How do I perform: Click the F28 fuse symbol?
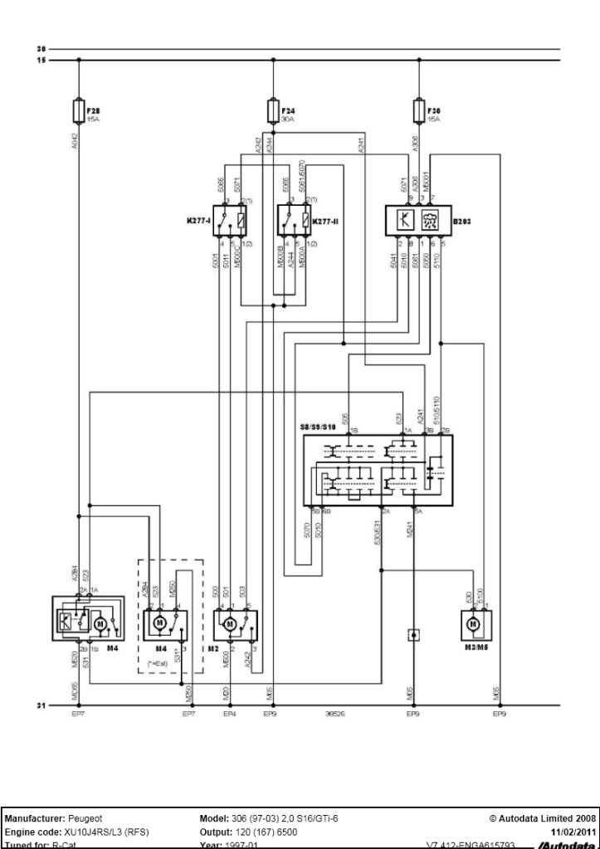79,110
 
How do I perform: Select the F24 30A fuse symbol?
273,110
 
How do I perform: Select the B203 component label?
460,221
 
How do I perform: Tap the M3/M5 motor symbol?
473,623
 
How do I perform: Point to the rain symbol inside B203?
429,221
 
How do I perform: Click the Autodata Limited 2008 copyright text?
543,818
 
